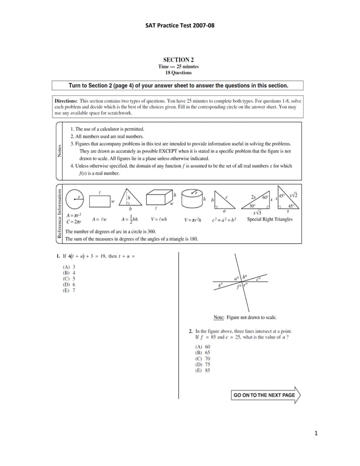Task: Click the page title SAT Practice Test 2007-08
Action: (179, 26)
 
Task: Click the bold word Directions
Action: (66, 100)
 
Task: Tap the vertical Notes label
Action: (59, 151)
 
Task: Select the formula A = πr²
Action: (74, 215)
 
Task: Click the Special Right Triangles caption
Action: (270, 219)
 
